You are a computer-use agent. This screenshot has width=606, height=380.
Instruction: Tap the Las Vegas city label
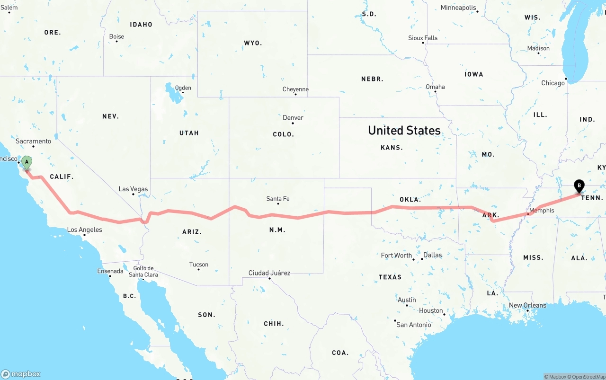point(133,189)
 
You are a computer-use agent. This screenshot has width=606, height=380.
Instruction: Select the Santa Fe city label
point(278,199)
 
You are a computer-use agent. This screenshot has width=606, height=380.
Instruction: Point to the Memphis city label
point(542,211)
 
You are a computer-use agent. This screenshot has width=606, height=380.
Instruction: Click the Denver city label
point(293,118)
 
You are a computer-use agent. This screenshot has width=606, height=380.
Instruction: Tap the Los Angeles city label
point(84,230)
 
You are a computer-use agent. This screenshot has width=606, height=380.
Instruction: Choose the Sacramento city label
point(33,141)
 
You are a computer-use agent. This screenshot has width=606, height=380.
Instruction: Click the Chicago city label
point(553,83)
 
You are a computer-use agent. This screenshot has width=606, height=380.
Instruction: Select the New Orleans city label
point(527,305)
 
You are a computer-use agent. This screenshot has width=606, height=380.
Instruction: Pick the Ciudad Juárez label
point(269,273)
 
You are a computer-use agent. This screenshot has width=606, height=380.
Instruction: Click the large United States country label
point(404,131)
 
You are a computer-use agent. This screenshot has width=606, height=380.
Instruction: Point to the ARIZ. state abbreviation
point(192,232)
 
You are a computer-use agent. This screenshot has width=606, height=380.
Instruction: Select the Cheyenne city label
point(295,89)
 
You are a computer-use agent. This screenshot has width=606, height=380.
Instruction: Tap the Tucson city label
point(198,265)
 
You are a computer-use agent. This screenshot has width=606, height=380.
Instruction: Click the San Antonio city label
point(414,325)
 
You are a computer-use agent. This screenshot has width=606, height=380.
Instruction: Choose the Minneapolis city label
point(458,8)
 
